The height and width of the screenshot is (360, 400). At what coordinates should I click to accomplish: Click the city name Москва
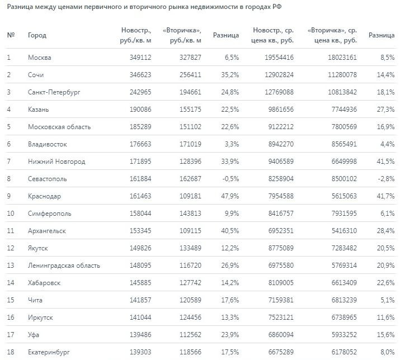pos(39,57)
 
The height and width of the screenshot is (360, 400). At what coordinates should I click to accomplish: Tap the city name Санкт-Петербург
pos(54,92)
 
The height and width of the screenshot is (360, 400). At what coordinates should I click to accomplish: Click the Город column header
pos(37,35)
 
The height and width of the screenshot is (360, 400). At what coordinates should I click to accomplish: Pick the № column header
pos(11,35)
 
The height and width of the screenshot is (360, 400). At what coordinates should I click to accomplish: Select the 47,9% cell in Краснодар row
pos(229,196)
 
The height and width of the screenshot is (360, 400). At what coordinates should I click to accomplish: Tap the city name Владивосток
pos(48,144)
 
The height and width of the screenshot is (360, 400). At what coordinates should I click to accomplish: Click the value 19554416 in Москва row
pos(278,57)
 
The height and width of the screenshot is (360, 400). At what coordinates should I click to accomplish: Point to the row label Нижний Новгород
pos(57,162)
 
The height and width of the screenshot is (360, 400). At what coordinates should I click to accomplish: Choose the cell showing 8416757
pos(278,214)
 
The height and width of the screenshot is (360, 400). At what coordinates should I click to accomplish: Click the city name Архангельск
pos(47,231)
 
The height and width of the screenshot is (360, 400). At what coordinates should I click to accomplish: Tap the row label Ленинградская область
pos(64,266)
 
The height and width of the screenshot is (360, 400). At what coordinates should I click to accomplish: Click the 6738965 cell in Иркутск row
pos(341,318)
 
